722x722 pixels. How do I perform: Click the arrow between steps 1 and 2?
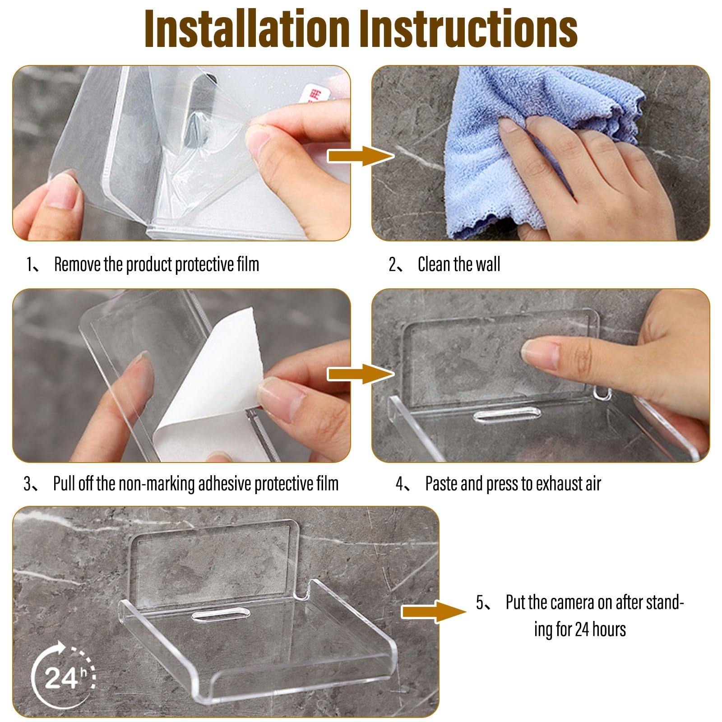pyautogui.click(x=360, y=156)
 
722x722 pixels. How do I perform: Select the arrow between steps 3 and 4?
pyautogui.click(x=360, y=374)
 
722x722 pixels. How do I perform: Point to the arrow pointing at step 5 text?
pyautogui.click(x=434, y=611)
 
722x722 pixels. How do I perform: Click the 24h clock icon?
pyautogui.click(x=62, y=677)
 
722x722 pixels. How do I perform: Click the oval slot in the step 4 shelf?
pyautogui.click(x=507, y=414)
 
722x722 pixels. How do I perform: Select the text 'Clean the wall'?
pyautogui.click(x=459, y=264)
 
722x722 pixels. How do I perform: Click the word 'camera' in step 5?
pyautogui.click(x=572, y=602)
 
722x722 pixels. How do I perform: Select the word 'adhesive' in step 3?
pyautogui.click(x=225, y=484)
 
